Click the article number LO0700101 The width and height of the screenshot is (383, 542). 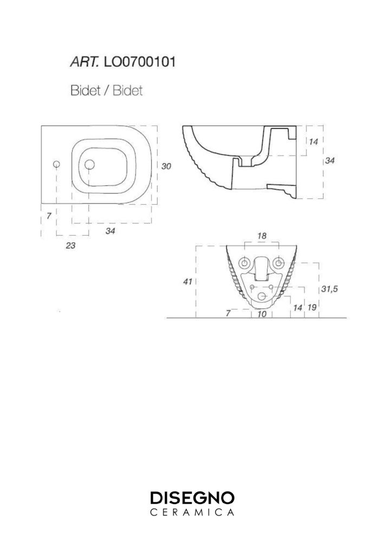pos(140,62)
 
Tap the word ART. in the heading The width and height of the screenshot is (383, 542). pos(85,62)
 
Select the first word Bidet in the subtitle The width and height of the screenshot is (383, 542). pos(85,91)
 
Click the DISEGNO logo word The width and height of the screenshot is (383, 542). pos(192,498)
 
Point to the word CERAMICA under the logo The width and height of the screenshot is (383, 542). pos(192,512)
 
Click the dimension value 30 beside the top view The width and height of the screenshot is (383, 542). pos(166,166)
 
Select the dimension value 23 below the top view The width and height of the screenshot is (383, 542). pos(70,246)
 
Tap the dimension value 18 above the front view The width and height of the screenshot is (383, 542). pos(262,236)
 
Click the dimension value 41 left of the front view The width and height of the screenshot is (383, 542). pos(187,282)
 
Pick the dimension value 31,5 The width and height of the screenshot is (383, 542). pos(329,289)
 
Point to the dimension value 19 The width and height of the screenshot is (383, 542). pos(312,307)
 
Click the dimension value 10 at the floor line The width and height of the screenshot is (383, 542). pos(262,314)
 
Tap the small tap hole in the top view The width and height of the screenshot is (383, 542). pos(57,164)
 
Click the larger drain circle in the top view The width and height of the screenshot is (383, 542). pos(90,165)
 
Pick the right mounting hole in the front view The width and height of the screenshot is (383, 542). pos(278,263)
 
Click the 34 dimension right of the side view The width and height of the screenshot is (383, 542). pos(330,160)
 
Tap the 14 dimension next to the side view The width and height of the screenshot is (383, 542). pos(313,141)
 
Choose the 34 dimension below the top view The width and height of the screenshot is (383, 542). pos(110,230)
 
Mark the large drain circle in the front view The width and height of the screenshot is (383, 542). pos(263,296)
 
